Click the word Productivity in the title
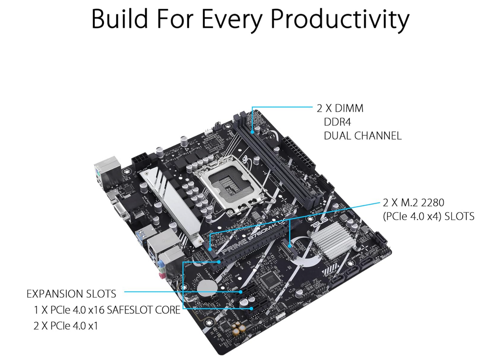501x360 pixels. pyautogui.click(x=339, y=19)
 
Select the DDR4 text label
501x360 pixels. pyautogui.click(x=337, y=122)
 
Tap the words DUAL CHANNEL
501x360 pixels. pyautogui.click(x=362, y=136)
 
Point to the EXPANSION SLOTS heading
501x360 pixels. pyautogui.click(x=71, y=294)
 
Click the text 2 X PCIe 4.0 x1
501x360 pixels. pyautogui.click(x=66, y=326)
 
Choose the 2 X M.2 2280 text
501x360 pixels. pyautogui.click(x=413, y=203)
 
